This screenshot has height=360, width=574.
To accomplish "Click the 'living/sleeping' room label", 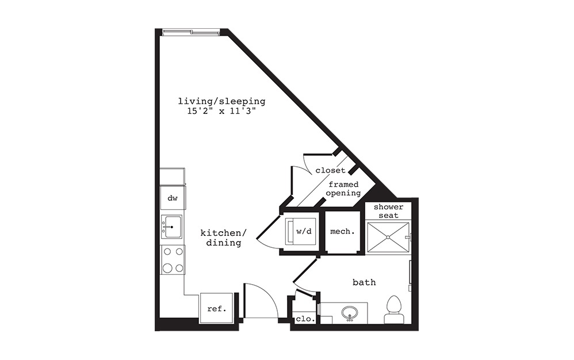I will (221, 101).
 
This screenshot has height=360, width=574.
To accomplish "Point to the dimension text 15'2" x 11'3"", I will (221, 112).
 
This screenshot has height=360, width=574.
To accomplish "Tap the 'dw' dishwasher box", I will (172, 198).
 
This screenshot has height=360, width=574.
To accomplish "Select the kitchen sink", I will (171, 227).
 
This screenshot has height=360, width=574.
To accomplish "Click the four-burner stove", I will (172, 259).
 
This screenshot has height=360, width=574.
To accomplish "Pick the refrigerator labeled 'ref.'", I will (216, 309).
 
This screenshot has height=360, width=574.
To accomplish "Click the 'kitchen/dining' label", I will (223, 238).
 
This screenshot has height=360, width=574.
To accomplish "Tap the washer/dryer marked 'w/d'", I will (301, 232).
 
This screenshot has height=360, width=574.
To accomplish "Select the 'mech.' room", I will (342, 232).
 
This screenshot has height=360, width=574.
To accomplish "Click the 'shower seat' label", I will (389, 210).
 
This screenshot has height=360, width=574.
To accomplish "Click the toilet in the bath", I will (394, 311).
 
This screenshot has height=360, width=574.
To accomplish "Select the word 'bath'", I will (364, 282).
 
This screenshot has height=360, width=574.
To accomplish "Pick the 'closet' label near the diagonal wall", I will (330, 170).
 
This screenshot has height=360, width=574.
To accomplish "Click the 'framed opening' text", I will (343, 189).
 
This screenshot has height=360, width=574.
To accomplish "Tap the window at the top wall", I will (190, 32).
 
